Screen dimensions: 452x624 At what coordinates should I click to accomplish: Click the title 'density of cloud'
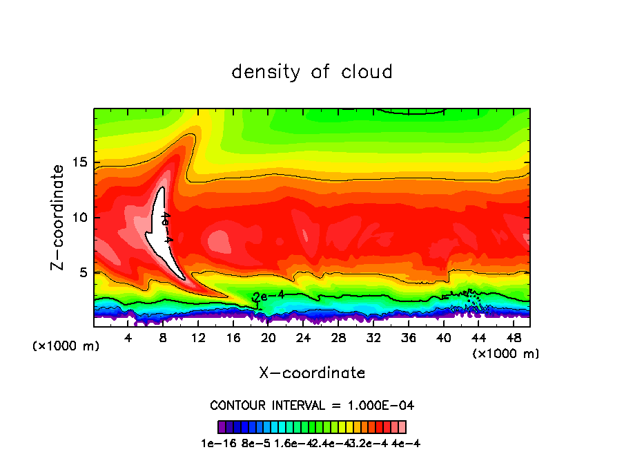(x=312, y=72)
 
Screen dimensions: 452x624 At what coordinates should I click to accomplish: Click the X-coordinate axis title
(x=312, y=373)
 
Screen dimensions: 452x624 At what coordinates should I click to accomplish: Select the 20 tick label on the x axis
(x=269, y=337)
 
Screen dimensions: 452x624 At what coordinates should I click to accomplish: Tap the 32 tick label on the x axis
(x=373, y=337)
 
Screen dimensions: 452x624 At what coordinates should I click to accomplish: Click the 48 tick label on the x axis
(x=513, y=337)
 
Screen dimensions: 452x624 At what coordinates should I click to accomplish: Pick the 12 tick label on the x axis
(x=198, y=337)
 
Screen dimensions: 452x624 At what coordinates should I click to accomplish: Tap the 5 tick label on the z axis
(x=84, y=272)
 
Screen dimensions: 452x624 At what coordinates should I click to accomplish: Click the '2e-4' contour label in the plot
(x=269, y=296)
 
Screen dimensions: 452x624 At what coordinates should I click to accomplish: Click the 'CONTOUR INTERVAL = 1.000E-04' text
(x=312, y=405)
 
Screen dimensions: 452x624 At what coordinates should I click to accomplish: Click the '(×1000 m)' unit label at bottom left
(x=66, y=346)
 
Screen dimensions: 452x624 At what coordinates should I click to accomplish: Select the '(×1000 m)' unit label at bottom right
(x=506, y=354)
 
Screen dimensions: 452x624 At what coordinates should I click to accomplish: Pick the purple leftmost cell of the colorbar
(x=222, y=427)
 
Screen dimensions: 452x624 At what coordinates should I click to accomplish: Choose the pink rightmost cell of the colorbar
(x=402, y=427)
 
